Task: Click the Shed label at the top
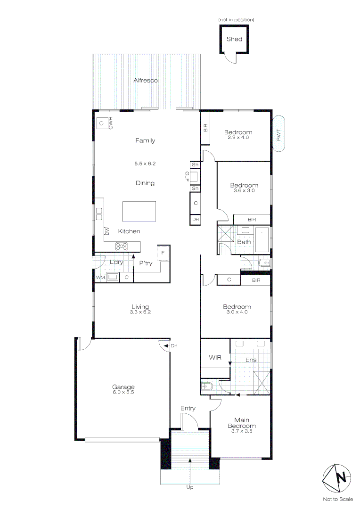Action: tap(234, 39)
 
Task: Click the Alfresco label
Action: tap(146, 81)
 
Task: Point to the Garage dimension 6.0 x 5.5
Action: tap(123, 392)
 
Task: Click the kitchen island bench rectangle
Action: tap(139, 211)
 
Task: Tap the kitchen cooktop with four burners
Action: tap(122, 246)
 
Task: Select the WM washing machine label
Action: tap(100, 278)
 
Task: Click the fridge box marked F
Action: tap(163, 253)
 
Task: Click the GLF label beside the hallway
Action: tap(187, 176)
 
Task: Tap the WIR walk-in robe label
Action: tap(215, 358)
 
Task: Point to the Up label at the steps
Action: tap(189, 487)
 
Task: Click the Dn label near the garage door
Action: tap(174, 346)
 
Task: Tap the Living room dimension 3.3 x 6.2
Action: tap(140, 312)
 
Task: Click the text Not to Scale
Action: tap(337, 499)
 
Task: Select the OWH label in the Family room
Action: tap(111, 123)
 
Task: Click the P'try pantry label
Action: tap(146, 263)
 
